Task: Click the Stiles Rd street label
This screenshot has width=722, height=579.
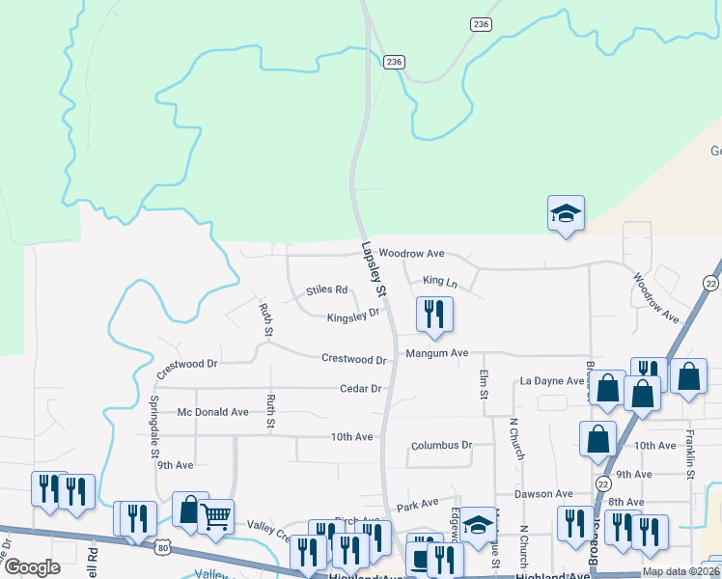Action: point(326,289)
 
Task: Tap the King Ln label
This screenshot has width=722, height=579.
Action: point(439,282)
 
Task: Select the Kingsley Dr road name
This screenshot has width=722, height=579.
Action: point(353,316)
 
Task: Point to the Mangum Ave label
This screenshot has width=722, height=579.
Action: point(436,354)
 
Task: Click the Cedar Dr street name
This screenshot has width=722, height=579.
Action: point(361,389)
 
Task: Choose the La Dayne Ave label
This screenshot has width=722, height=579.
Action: point(552,381)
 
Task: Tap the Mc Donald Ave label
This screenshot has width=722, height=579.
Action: point(213,412)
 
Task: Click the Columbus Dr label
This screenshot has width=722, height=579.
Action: point(441,446)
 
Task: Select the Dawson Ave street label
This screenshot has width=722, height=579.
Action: point(543,494)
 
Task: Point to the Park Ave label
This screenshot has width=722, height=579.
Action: point(418,505)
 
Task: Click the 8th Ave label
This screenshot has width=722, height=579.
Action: point(625,502)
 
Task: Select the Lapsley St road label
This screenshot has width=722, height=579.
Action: point(374,268)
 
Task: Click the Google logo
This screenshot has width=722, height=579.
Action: point(32,568)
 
